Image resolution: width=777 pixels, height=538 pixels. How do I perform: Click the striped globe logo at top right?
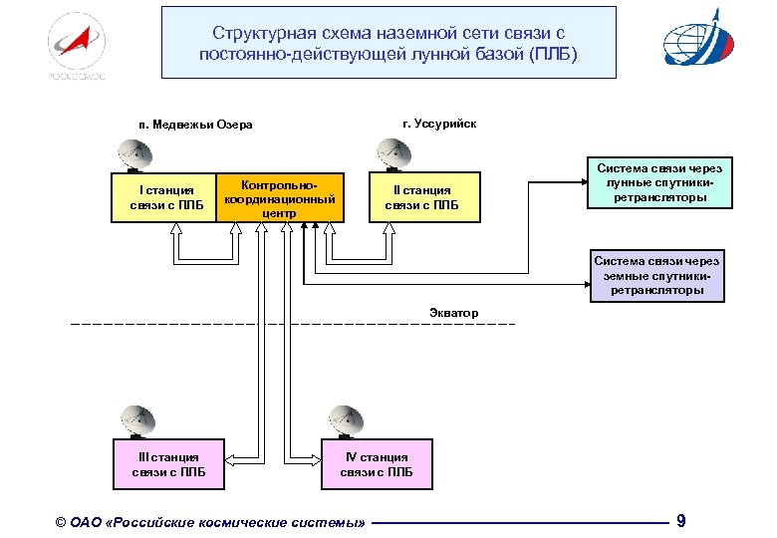tap(703, 41)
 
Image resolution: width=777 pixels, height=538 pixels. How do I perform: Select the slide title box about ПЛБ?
tap(388, 42)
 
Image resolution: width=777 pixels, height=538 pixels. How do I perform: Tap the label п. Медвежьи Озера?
tap(196, 125)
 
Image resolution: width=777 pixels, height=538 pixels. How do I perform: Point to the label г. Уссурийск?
tap(439, 124)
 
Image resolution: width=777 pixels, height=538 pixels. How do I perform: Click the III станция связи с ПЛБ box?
tap(168, 464)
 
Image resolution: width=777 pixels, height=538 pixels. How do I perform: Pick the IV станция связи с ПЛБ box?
tap(377, 464)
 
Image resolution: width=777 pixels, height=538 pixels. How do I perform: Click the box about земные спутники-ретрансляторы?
tap(655, 276)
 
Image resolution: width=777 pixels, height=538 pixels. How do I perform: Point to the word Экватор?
tap(453, 313)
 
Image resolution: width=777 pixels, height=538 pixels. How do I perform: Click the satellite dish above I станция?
tap(134, 154)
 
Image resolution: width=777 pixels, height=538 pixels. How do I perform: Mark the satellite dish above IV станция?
tap(346, 419)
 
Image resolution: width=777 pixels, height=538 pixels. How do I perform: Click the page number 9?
tap(680, 520)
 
